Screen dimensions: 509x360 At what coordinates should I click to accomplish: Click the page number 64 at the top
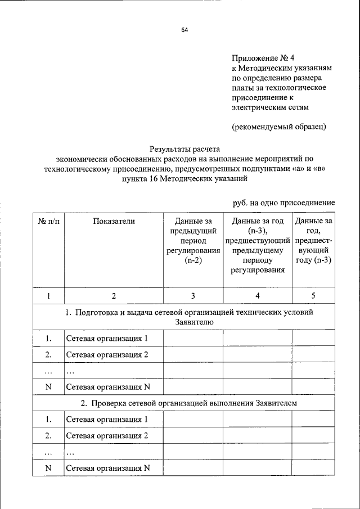click(184, 30)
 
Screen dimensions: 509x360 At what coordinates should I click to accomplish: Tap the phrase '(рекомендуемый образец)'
click(279, 127)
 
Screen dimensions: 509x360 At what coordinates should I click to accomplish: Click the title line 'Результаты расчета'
click(184, 149)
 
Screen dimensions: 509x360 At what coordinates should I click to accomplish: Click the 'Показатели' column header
click(114, 221)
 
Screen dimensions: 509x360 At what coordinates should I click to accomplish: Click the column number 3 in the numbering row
click(192, 296)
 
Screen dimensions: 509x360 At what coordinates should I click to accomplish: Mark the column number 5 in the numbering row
click(313, 296)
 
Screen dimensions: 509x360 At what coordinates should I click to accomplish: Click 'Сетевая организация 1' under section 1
click(107, 339)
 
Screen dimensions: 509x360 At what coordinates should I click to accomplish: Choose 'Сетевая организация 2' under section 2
click(107, 435)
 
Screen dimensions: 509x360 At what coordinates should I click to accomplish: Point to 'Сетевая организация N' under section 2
click(108, 468)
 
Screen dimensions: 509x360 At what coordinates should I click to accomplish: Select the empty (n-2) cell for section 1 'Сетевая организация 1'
click(192, 339)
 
